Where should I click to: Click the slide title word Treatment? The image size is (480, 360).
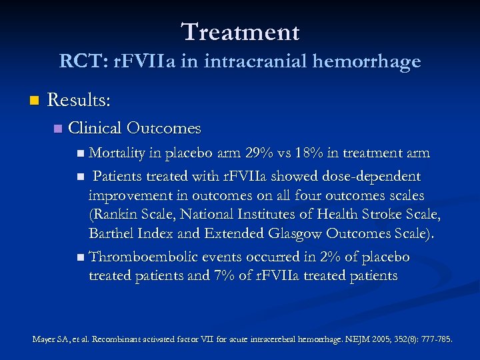[240, 31]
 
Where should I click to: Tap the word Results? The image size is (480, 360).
[79, 101]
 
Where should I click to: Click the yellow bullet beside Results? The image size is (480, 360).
[33, 101]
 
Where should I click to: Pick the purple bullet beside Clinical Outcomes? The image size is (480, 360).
[57, 128]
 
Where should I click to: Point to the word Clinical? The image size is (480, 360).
[94, 127]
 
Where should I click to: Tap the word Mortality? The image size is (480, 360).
[117, 153]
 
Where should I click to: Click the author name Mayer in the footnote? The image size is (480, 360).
[45, 339]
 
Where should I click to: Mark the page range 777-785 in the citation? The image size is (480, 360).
[435, 339]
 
